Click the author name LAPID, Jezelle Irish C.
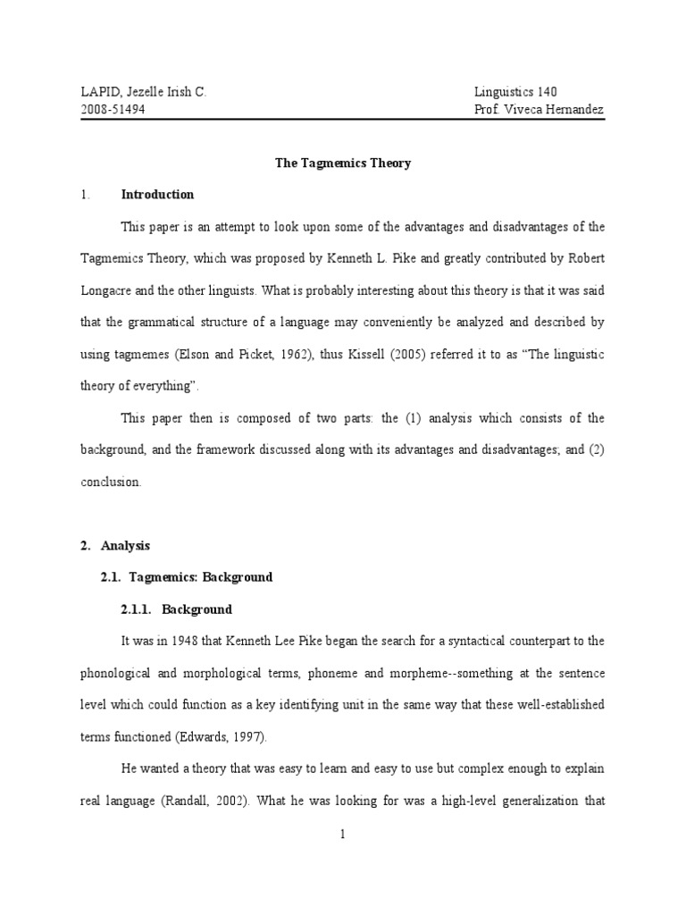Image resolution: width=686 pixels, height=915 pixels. [x=143, y=92]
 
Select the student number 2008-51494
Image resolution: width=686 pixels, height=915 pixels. [x=113, y=109]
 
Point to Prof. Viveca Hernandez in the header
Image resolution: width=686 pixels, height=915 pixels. [x=540, y=109]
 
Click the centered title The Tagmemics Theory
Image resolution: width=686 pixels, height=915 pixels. [x=341, y=164]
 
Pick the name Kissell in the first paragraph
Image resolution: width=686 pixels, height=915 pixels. [x=385, y=355]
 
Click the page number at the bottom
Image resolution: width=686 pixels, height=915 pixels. [x=342, y=835]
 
